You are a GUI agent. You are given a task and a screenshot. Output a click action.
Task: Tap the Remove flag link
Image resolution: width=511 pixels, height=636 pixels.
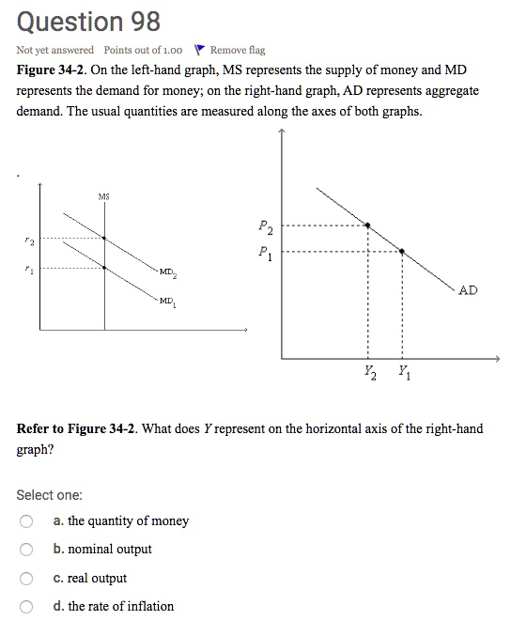238,50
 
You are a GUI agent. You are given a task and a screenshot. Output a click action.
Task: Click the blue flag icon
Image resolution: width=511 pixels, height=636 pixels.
198,50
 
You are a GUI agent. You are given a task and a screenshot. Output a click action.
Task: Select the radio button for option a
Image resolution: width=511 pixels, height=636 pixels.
27,521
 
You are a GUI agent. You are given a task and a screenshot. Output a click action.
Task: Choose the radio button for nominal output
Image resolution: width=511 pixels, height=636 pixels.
27,550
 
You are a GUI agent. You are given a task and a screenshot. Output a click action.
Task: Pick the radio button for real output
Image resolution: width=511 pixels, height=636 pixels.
27,579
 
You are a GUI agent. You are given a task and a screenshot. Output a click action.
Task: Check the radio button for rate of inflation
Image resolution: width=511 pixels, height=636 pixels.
27,607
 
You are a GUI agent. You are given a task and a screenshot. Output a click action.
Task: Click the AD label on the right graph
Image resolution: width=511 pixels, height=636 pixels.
468,290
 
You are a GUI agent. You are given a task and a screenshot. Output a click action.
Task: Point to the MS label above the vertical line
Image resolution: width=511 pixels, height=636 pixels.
103,196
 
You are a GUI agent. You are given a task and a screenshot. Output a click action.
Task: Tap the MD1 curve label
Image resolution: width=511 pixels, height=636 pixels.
168,302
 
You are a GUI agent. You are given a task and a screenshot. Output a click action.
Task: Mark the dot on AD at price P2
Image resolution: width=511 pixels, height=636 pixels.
367,225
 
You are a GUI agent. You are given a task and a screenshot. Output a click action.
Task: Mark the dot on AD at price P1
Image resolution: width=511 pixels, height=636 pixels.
402,252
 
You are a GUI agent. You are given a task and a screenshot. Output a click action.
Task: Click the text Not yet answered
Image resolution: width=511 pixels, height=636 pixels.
55,50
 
